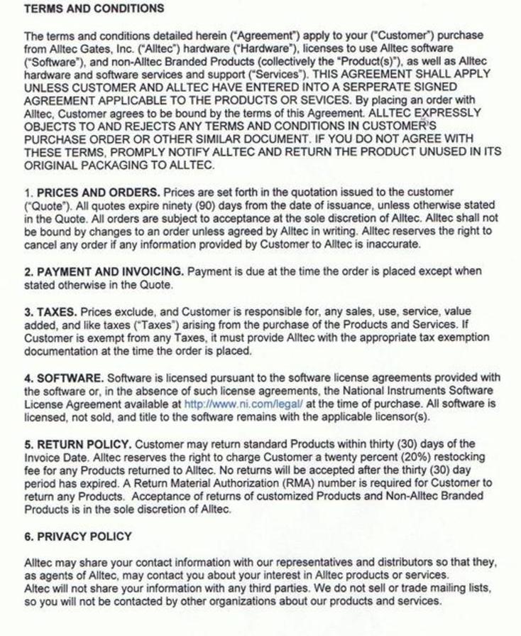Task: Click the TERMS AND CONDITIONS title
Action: [x=94, y=9]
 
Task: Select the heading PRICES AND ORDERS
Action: [x=98, y=192]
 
